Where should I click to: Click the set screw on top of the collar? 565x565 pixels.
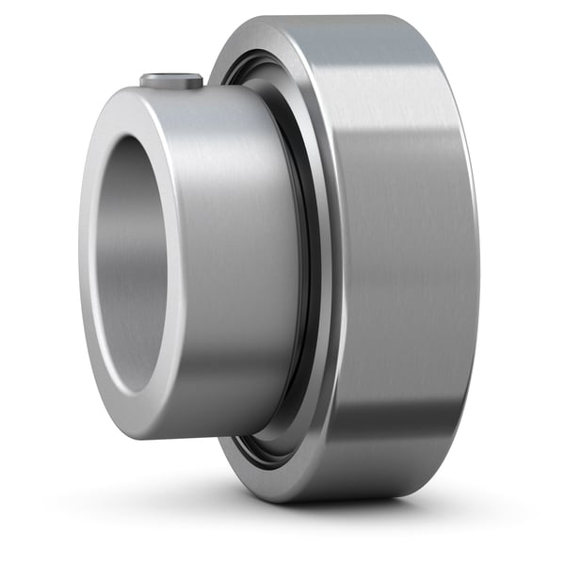(172, 82)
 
